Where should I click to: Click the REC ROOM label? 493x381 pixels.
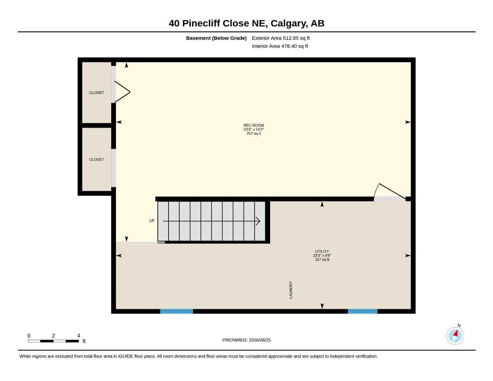click(x=253, y=125)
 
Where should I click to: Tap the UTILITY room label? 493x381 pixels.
click(x=322, y=251)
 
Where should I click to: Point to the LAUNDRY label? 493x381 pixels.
click(x=291, y=290)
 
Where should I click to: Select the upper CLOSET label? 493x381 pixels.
click(x=97, y=93)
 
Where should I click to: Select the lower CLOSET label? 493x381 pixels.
click(x=97, y=159)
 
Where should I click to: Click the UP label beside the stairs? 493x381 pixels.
click(x=152, y=221)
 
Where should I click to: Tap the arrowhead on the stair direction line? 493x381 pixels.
click(x=258, y=221)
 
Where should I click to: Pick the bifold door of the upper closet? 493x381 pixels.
click(x=122, y=92)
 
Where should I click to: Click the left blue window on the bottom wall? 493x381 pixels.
click(x=176, y=311)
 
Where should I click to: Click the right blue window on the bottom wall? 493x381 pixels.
click(x=362, y=311)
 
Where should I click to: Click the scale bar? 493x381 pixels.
click(x=53, y=341)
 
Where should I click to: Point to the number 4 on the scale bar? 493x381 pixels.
click(x=79, y=336)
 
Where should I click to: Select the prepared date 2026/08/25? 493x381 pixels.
click(x=260, y=340)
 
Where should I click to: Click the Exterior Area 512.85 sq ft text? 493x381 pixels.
click(x=281, y=38)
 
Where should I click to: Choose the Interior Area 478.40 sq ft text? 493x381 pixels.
click(x=280, y=46)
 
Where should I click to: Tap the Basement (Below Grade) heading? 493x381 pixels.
click(x=216, y=38)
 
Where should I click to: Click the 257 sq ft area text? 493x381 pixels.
click(x=253, y=134)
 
